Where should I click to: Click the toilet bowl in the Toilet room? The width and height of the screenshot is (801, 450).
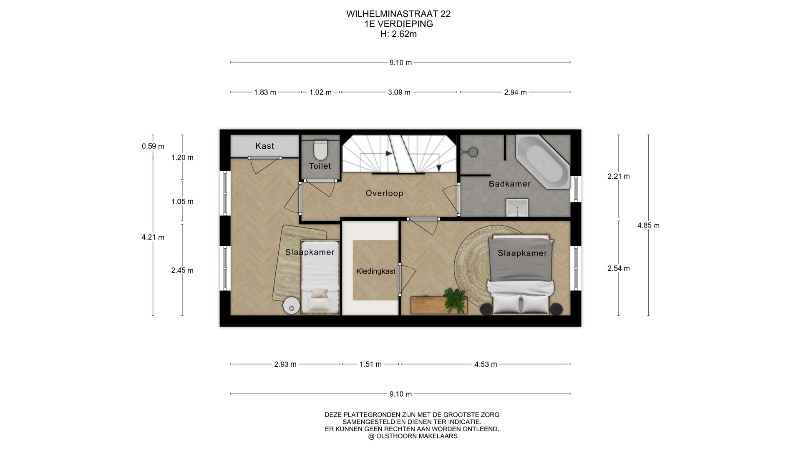(320, 150)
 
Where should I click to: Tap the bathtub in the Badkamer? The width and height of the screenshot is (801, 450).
(543, 162)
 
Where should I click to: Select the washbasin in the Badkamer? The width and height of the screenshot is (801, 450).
(517, 207)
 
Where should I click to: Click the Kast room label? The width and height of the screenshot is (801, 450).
(265, 146)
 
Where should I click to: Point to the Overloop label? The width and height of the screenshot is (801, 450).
(384, 193)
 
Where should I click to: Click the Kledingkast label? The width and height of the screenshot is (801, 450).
(375, 271)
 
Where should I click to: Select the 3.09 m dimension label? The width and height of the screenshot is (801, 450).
(399, 92)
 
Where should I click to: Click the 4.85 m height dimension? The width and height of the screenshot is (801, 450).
(648, 225)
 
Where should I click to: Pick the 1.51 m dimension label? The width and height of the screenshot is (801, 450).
(370, 364)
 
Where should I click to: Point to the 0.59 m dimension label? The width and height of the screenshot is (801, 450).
(153, 146)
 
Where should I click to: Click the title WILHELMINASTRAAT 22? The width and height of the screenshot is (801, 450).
(398, 14)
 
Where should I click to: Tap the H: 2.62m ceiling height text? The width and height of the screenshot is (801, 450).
(398, 34)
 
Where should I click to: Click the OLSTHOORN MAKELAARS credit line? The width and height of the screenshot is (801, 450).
(413, 436)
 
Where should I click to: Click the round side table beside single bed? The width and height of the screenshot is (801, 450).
(291, 307)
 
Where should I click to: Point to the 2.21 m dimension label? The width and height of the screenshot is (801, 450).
(619, 176)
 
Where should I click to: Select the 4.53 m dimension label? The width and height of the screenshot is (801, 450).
(486, 364)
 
